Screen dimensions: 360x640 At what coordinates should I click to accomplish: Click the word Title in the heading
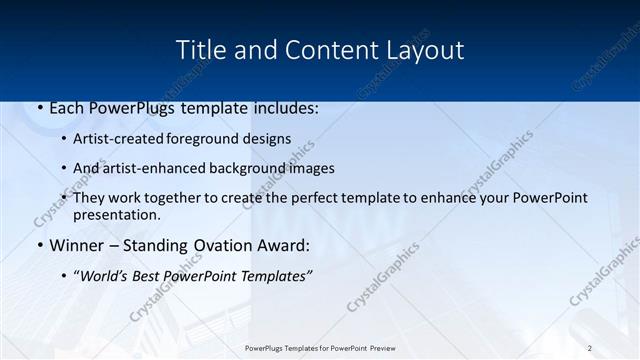200,49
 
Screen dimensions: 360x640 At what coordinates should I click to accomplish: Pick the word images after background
309,168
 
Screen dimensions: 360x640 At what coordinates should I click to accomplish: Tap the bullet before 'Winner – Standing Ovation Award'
39,245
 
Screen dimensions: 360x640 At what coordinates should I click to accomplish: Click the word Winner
76,245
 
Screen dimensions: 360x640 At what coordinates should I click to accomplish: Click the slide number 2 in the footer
590,348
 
